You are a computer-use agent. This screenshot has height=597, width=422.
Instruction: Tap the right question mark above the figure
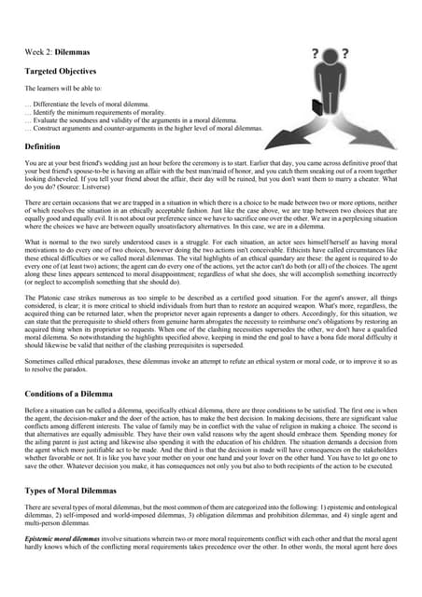pos(345,53)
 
